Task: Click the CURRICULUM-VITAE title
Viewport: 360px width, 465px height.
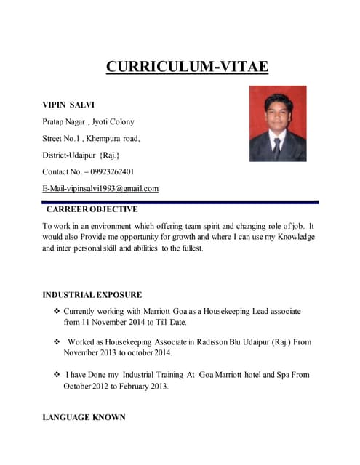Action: (x=187, y=68)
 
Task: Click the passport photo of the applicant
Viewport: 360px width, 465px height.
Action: (x=277, y=124)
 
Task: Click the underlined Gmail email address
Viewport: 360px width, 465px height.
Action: (x=100, y=189)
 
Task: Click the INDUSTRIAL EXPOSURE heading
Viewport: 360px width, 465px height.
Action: (x=92, y=295)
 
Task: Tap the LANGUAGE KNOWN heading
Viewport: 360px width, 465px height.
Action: (x=84, y=417)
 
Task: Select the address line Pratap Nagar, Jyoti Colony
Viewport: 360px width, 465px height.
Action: (x=88, y=121)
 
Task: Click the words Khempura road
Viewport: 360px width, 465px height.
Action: (x=114, y=138)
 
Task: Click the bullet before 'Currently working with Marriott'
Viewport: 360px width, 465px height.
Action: (x=57, y=311)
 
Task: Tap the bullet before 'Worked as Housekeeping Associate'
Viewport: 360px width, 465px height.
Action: (x=57, y=341)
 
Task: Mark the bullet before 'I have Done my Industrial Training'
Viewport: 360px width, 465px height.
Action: (x=57, y=375)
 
